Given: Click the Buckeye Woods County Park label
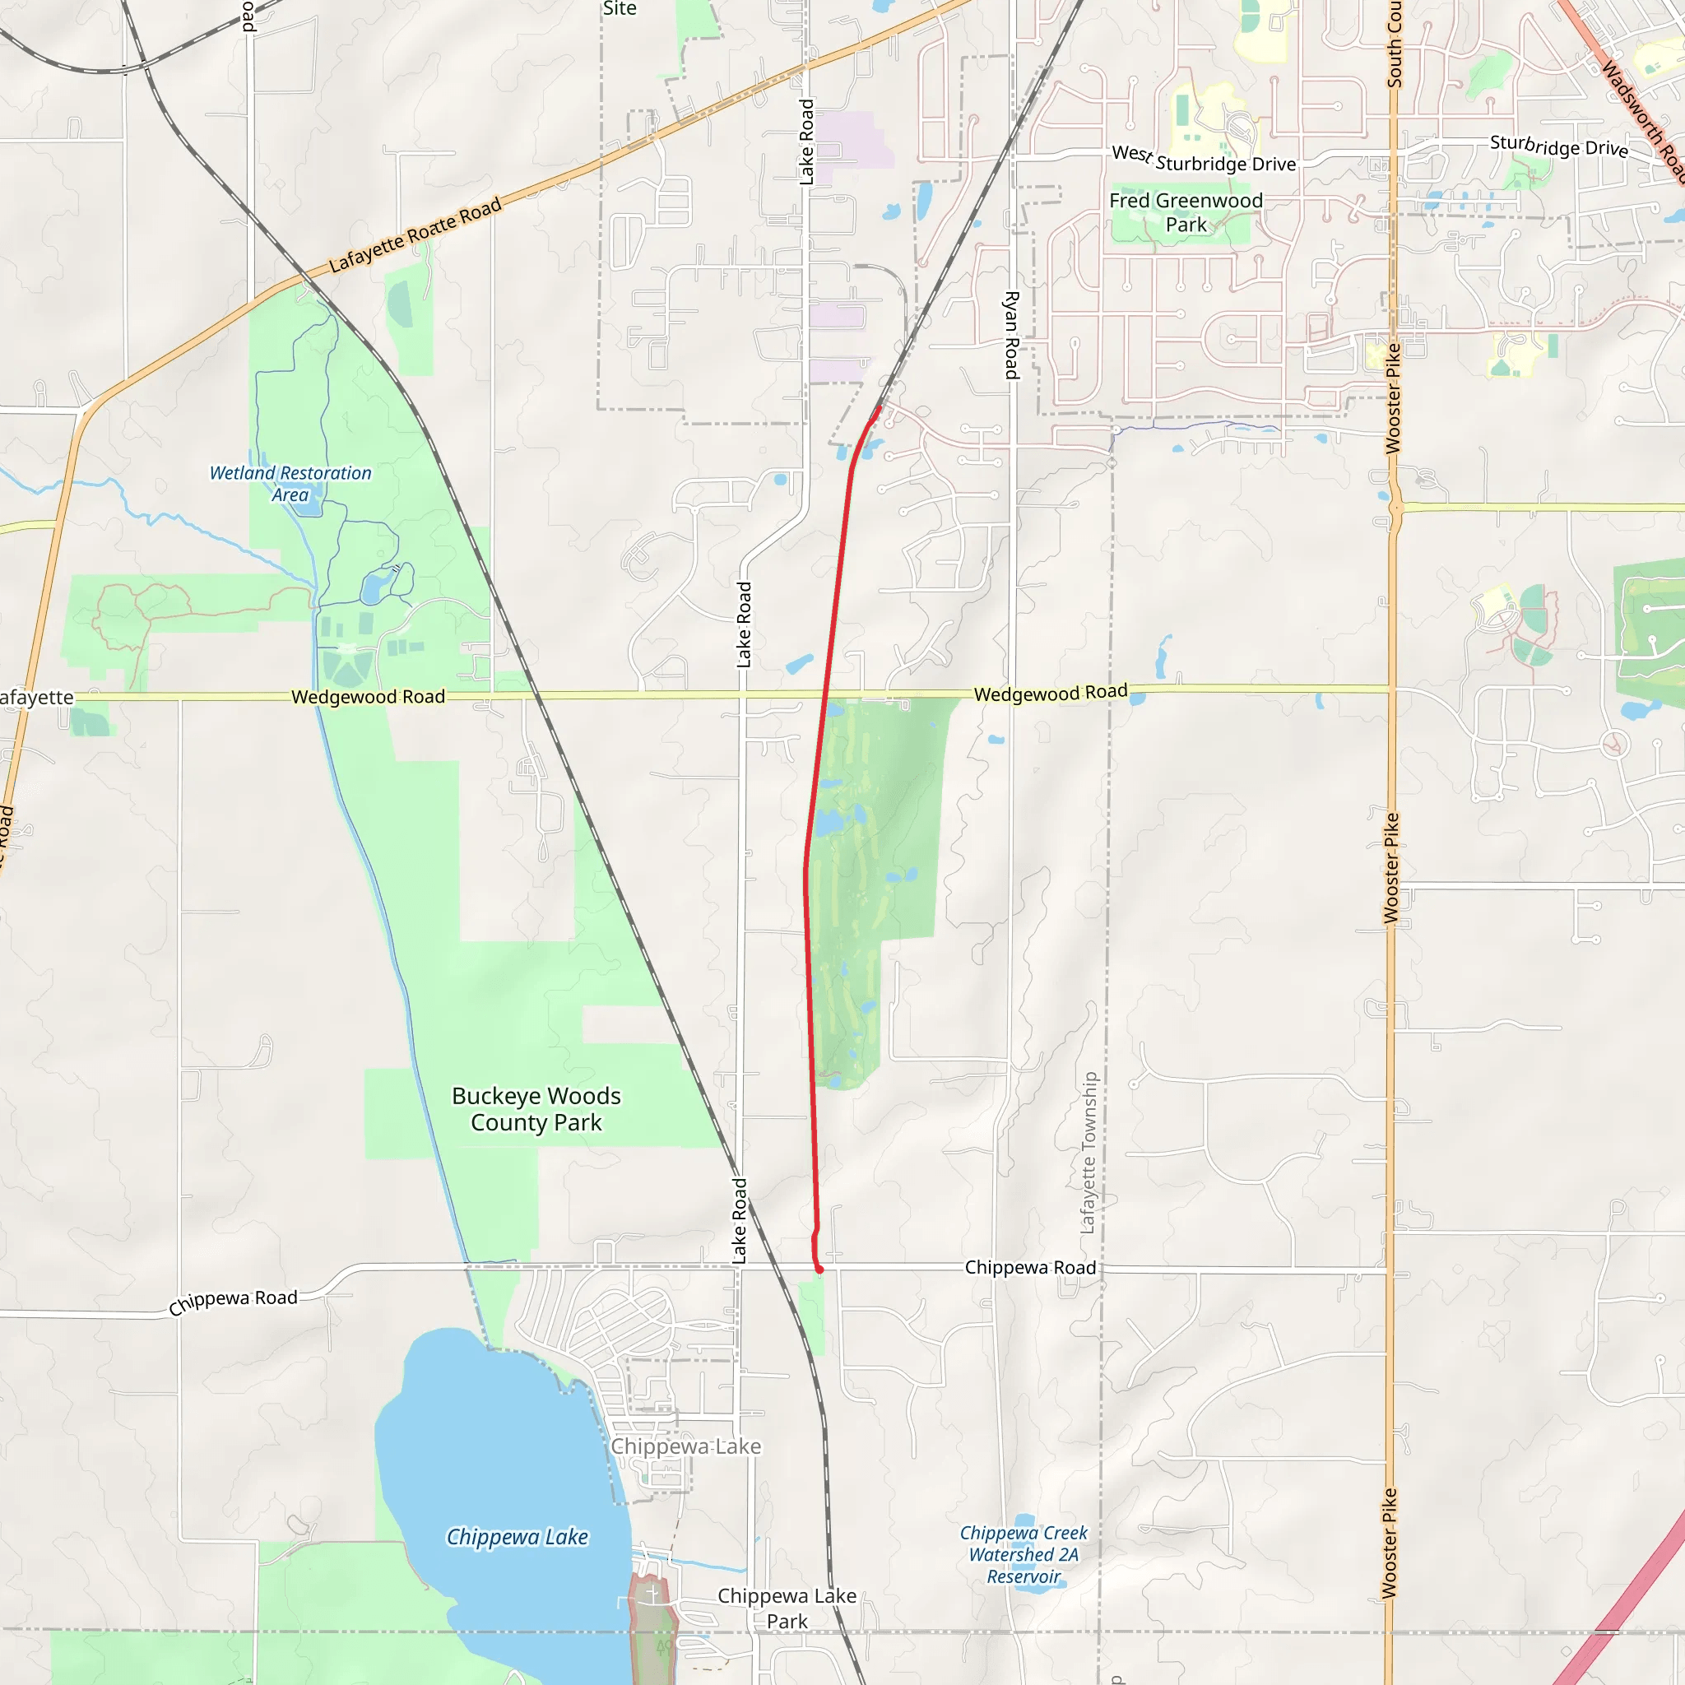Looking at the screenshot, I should click(x=536, y=1108).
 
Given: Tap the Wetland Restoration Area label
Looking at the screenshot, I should click(x=290, y=483).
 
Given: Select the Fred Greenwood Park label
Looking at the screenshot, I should click(x=1186, y=212).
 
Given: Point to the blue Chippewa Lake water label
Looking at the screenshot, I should click(x=518, y=1537).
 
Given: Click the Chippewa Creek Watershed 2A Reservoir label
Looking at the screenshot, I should click(x=1023, y=1554).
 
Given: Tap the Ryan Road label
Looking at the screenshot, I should click(x=1012, y=335).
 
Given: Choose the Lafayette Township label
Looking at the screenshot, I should click(x=1089, y=1152).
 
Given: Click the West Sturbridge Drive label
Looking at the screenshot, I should click(x=1204, y=159).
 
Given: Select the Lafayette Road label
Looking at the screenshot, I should click(x=415, y=234).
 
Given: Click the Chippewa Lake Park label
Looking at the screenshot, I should click(x=787, y=1608).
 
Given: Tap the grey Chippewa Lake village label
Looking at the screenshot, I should click(x=685, y=1446).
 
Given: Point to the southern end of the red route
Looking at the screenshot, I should click(x=819, y=1270).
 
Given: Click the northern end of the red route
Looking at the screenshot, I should click(x=880, y=406).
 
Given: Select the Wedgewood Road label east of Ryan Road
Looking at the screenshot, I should click(x=1050, y=694).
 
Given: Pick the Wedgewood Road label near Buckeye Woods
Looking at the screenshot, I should click(x=368, y=697).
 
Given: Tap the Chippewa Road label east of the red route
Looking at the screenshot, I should click(x=1030, y=1267).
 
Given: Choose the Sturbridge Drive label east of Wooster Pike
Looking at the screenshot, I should click(x=1558, y=146).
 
